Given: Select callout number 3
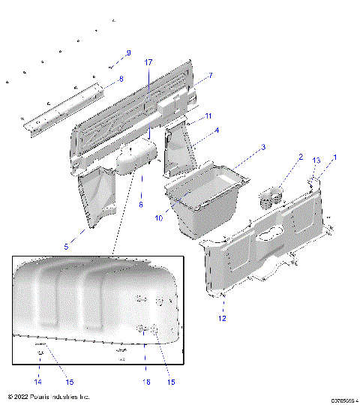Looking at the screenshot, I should tap(262, 147).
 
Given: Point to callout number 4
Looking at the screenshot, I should tap(217, 130).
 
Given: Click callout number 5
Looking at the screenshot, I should tap(66, 246).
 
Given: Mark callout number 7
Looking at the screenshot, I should tap(210, 76).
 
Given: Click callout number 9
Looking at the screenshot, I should tap(128, 52).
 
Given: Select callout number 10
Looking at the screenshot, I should tap(158, 218).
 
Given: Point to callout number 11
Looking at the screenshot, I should tap(208, 115).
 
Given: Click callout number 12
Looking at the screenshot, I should tap(220, 319).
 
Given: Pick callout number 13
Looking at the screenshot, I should tap(316, 160).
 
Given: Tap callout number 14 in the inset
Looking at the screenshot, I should tap(36, 382).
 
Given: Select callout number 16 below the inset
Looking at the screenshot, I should tap(146, 382).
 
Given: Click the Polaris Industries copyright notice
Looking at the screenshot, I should tap(48, 396).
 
